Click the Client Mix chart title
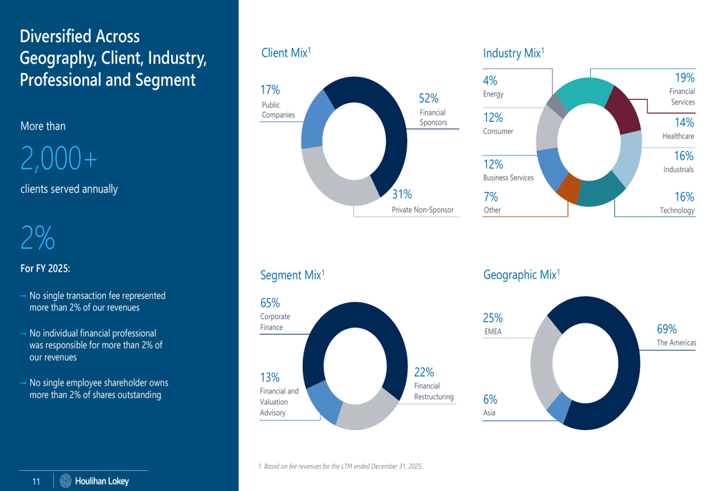[285, 53]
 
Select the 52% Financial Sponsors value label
[429, 99]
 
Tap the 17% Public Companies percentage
[270, 90]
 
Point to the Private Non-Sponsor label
[422, 210]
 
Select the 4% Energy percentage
[490, 81]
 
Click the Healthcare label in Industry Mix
[678, 136]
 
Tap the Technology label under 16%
[677, 211]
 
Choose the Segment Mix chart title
[292, 275]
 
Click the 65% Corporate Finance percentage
[270, 303]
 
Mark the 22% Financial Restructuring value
[424, 372]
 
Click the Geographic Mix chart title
[521, 275]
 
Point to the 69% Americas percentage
[667, 329]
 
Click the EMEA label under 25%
[493, 332]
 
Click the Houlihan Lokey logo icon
[67, 481]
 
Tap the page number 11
[37, 482]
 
